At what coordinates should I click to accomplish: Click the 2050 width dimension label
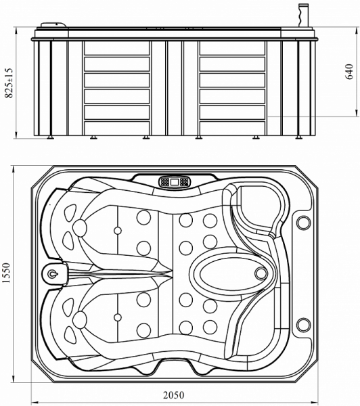pyautogui.click(x=174, y=395)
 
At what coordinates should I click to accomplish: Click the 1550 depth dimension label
pyautogui.click(x=5, y=273)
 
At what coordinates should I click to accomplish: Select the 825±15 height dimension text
pyautogui.click(x=8, y=83)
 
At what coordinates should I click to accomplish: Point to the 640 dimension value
pyautogui.click(x=349, y=72)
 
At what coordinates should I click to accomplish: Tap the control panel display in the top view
pyautogui.click(x=175, y=182)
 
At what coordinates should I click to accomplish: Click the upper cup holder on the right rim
pyautogui.click(x=303, y=223)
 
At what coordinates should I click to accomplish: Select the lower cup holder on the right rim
pyautogui.click(x=303, y=325)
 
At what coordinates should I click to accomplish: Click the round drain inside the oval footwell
pyautogui.click(x=261, y=273)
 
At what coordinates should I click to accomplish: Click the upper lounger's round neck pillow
pyautogui.click(x=80, y=227)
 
